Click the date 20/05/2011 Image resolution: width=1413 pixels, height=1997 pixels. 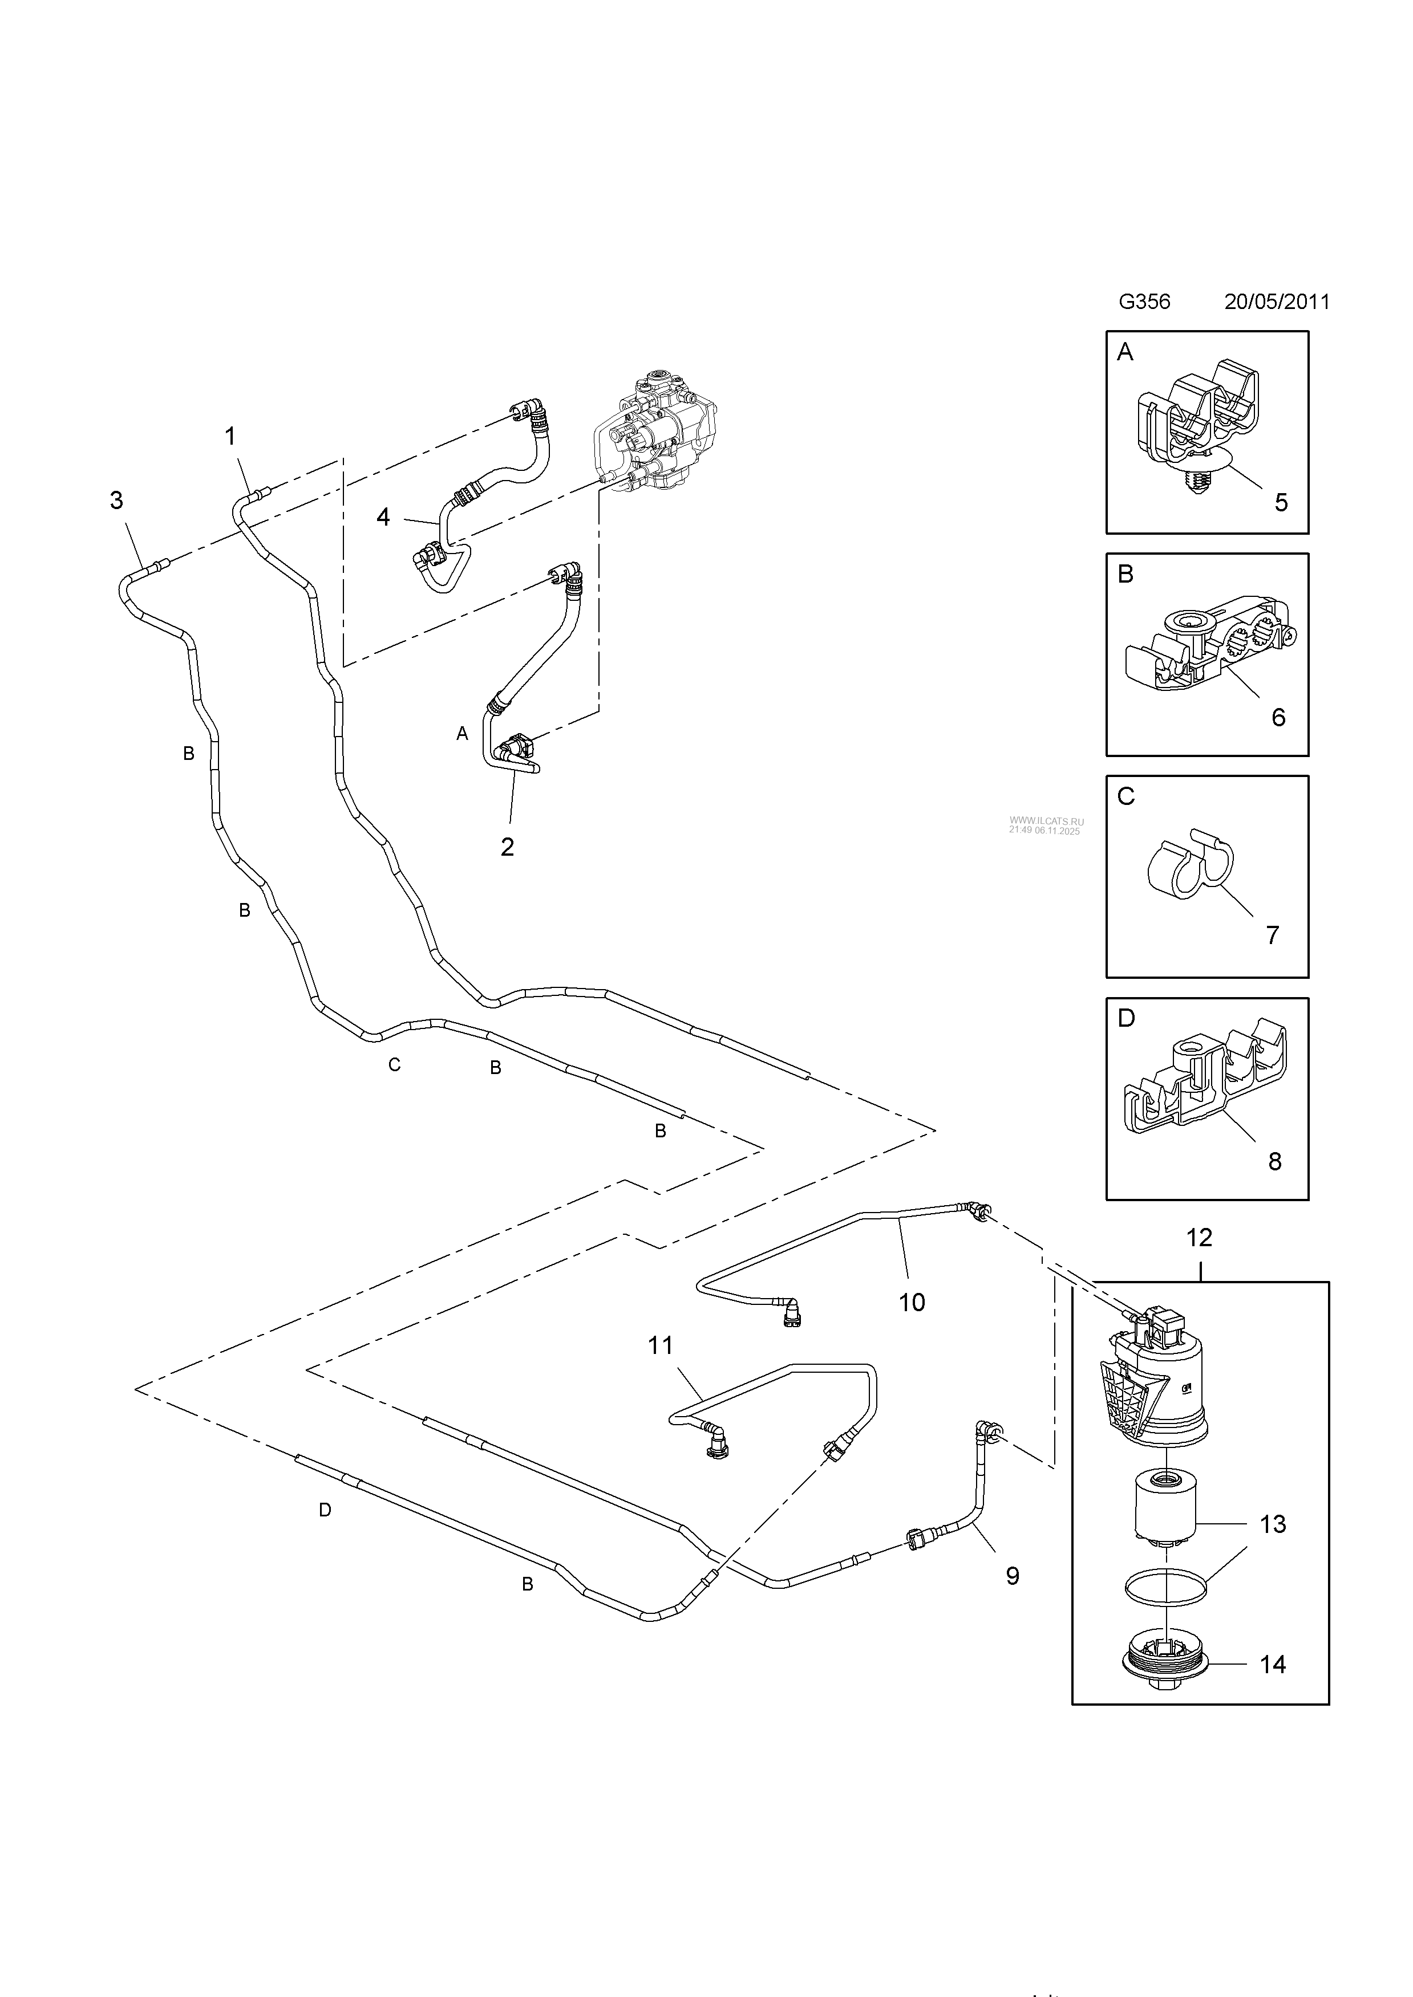pos(1277,302)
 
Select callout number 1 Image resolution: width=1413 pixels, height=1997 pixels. pos(230,437)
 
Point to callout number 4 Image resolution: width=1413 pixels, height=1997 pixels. pos(383,516)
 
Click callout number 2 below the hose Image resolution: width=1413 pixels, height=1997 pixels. pos(507,847)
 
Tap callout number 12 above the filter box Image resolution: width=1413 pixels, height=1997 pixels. pos(1199,1238)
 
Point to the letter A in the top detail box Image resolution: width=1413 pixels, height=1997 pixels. pos(1125,352)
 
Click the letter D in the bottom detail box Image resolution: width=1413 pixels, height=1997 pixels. pos(1126,1018)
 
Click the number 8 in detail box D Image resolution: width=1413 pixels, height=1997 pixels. pos(1274,1162)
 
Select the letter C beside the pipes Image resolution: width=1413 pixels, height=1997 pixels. pos(394,1064)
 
